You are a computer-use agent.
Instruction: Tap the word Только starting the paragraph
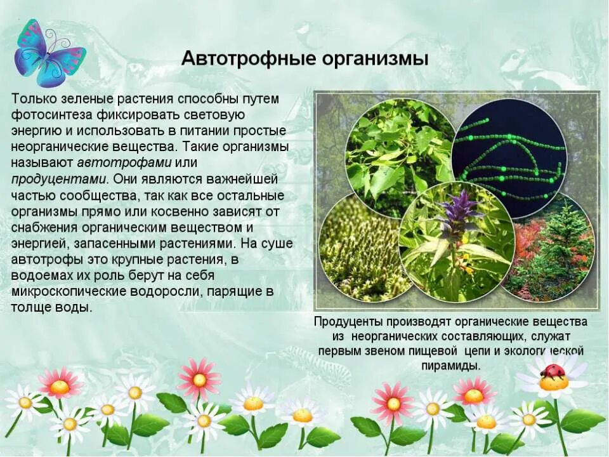tap(35, 100)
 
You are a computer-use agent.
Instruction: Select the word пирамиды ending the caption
tap(450, 366)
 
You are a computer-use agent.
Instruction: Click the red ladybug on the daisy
tap(553, 371)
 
